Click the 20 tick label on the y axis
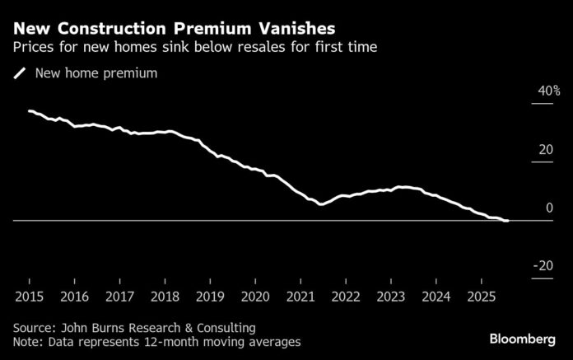[546, 149]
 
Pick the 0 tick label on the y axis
[549, 208]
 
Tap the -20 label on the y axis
[544, 266]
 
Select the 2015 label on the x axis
[29, 295]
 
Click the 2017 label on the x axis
[119, 295]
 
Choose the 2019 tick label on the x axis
[210, 295]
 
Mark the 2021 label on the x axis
[300, 295]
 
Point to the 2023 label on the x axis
[391, 295]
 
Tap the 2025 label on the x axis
[482, 295]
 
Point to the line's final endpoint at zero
[507, 221]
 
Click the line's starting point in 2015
[29, 110]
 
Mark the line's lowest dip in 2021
[319, 203]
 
